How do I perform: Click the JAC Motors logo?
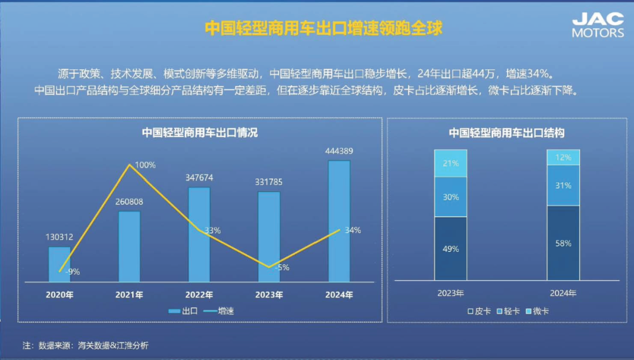click(598, 25)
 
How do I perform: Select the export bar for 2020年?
click(59, 264)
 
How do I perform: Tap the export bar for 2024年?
click(339, 220)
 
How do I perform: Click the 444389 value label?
click(339, 151)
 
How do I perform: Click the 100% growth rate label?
click(145, 165)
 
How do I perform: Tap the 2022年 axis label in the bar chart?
click(200, 295)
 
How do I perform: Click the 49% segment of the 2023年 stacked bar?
click(450, 248)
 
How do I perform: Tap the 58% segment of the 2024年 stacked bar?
click(563, 243)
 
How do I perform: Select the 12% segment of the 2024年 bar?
click(563, 157)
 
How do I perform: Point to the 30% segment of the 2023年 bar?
click(450, 197)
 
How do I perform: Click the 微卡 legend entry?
click(537, 311)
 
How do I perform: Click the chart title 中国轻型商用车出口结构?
click(506, 133)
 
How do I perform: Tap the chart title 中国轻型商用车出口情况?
click(200, 133)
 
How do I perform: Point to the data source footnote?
click(85, 345)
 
